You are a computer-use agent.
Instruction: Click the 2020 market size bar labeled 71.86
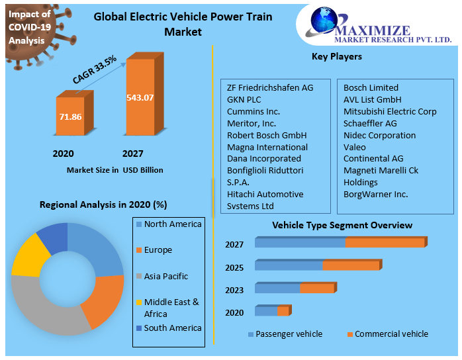coord(70,116)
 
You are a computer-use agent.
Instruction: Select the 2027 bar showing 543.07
coord(140,97)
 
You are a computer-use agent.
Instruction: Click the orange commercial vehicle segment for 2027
coord(384,243)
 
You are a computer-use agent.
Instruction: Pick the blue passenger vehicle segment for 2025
coord(289,265)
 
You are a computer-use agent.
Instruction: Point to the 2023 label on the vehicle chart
coord(234,290)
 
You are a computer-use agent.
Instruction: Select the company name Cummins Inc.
coord(254,111)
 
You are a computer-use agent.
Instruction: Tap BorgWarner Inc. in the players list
coord(375,194)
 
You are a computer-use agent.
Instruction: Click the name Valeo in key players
coord(355,147)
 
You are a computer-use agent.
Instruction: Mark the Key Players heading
coord(336,57)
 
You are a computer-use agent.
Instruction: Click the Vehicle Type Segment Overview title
coord(342,226)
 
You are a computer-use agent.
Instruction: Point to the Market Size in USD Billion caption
coord(115,170)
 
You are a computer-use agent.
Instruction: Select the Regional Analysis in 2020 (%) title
coord(103,204)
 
